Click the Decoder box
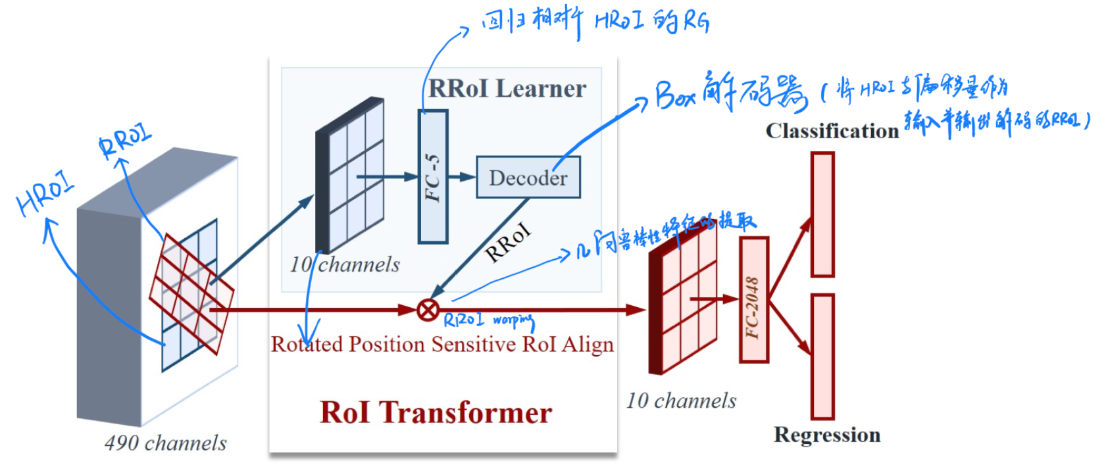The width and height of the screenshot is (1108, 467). [x=528, y=177]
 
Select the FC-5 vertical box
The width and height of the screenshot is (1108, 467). [x=432, y=177]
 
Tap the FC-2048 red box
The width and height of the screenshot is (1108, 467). [x=753, y=299]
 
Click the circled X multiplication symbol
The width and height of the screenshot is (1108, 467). [x=428, y=309]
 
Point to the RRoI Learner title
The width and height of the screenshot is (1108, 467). [x=507, y=88]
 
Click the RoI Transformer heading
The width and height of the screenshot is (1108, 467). [x=436, y=412]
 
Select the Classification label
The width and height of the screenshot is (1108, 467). [x=832, y=130]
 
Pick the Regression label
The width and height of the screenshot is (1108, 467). [x=826, y=435]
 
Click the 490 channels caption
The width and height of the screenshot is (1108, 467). [x=165, y=443]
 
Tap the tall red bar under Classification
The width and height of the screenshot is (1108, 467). [x=822, y=214]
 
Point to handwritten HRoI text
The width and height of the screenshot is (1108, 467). [x=45, y=194]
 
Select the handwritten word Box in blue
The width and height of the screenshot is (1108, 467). [x=675, y=96]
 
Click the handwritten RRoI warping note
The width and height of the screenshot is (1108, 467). [x=488, y=320]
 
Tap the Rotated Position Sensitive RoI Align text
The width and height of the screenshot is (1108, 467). [x=442, y=344]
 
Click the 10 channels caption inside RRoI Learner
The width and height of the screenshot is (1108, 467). [x=345, y=264]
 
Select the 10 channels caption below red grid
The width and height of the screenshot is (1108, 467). [x=681, y=401]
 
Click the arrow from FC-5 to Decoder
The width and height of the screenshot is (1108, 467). [x=463, y=177]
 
